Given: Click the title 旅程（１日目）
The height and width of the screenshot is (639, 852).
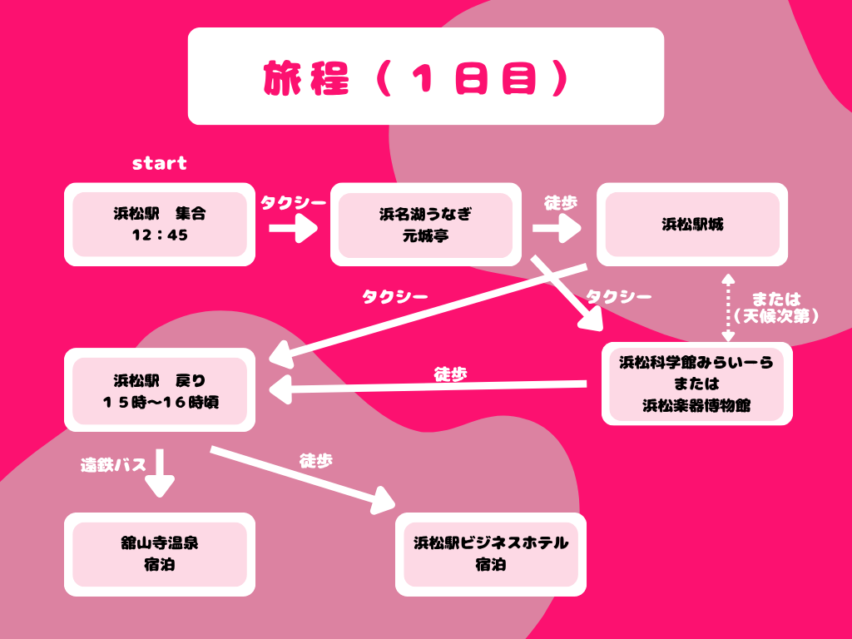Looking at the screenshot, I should point(425,77).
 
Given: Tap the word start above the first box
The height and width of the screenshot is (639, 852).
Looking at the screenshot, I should point(160,163).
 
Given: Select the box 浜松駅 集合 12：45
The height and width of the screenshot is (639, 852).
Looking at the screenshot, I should point(160,224).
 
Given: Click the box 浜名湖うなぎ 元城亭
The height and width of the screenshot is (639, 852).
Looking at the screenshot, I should point(425,224).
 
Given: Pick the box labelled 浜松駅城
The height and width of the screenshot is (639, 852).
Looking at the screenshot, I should point(692,224).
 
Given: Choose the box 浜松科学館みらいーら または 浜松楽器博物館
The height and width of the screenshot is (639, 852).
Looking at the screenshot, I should point(696,384).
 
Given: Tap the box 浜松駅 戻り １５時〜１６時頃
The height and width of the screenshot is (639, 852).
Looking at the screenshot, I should point(160,389).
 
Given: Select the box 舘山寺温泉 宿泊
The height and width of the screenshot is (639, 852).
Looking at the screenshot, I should point(160,554).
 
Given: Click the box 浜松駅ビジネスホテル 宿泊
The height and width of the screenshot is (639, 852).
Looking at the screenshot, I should point(490,554).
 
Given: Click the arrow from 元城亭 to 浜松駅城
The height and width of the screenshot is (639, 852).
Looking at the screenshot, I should point(557,226).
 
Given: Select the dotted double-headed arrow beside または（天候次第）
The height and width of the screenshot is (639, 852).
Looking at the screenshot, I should point(728,307).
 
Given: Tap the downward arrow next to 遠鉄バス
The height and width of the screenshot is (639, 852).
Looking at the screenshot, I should point(160,473).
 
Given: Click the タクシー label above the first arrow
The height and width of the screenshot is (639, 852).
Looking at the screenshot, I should point(294,202).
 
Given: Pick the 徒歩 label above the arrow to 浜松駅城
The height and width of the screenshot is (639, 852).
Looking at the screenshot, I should point(560,202).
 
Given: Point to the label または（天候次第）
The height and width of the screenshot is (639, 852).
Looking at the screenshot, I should point(776,307).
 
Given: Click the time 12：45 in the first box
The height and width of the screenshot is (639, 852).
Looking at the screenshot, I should point(160,235).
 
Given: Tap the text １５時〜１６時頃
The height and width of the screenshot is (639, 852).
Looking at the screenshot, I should point(160,401).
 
